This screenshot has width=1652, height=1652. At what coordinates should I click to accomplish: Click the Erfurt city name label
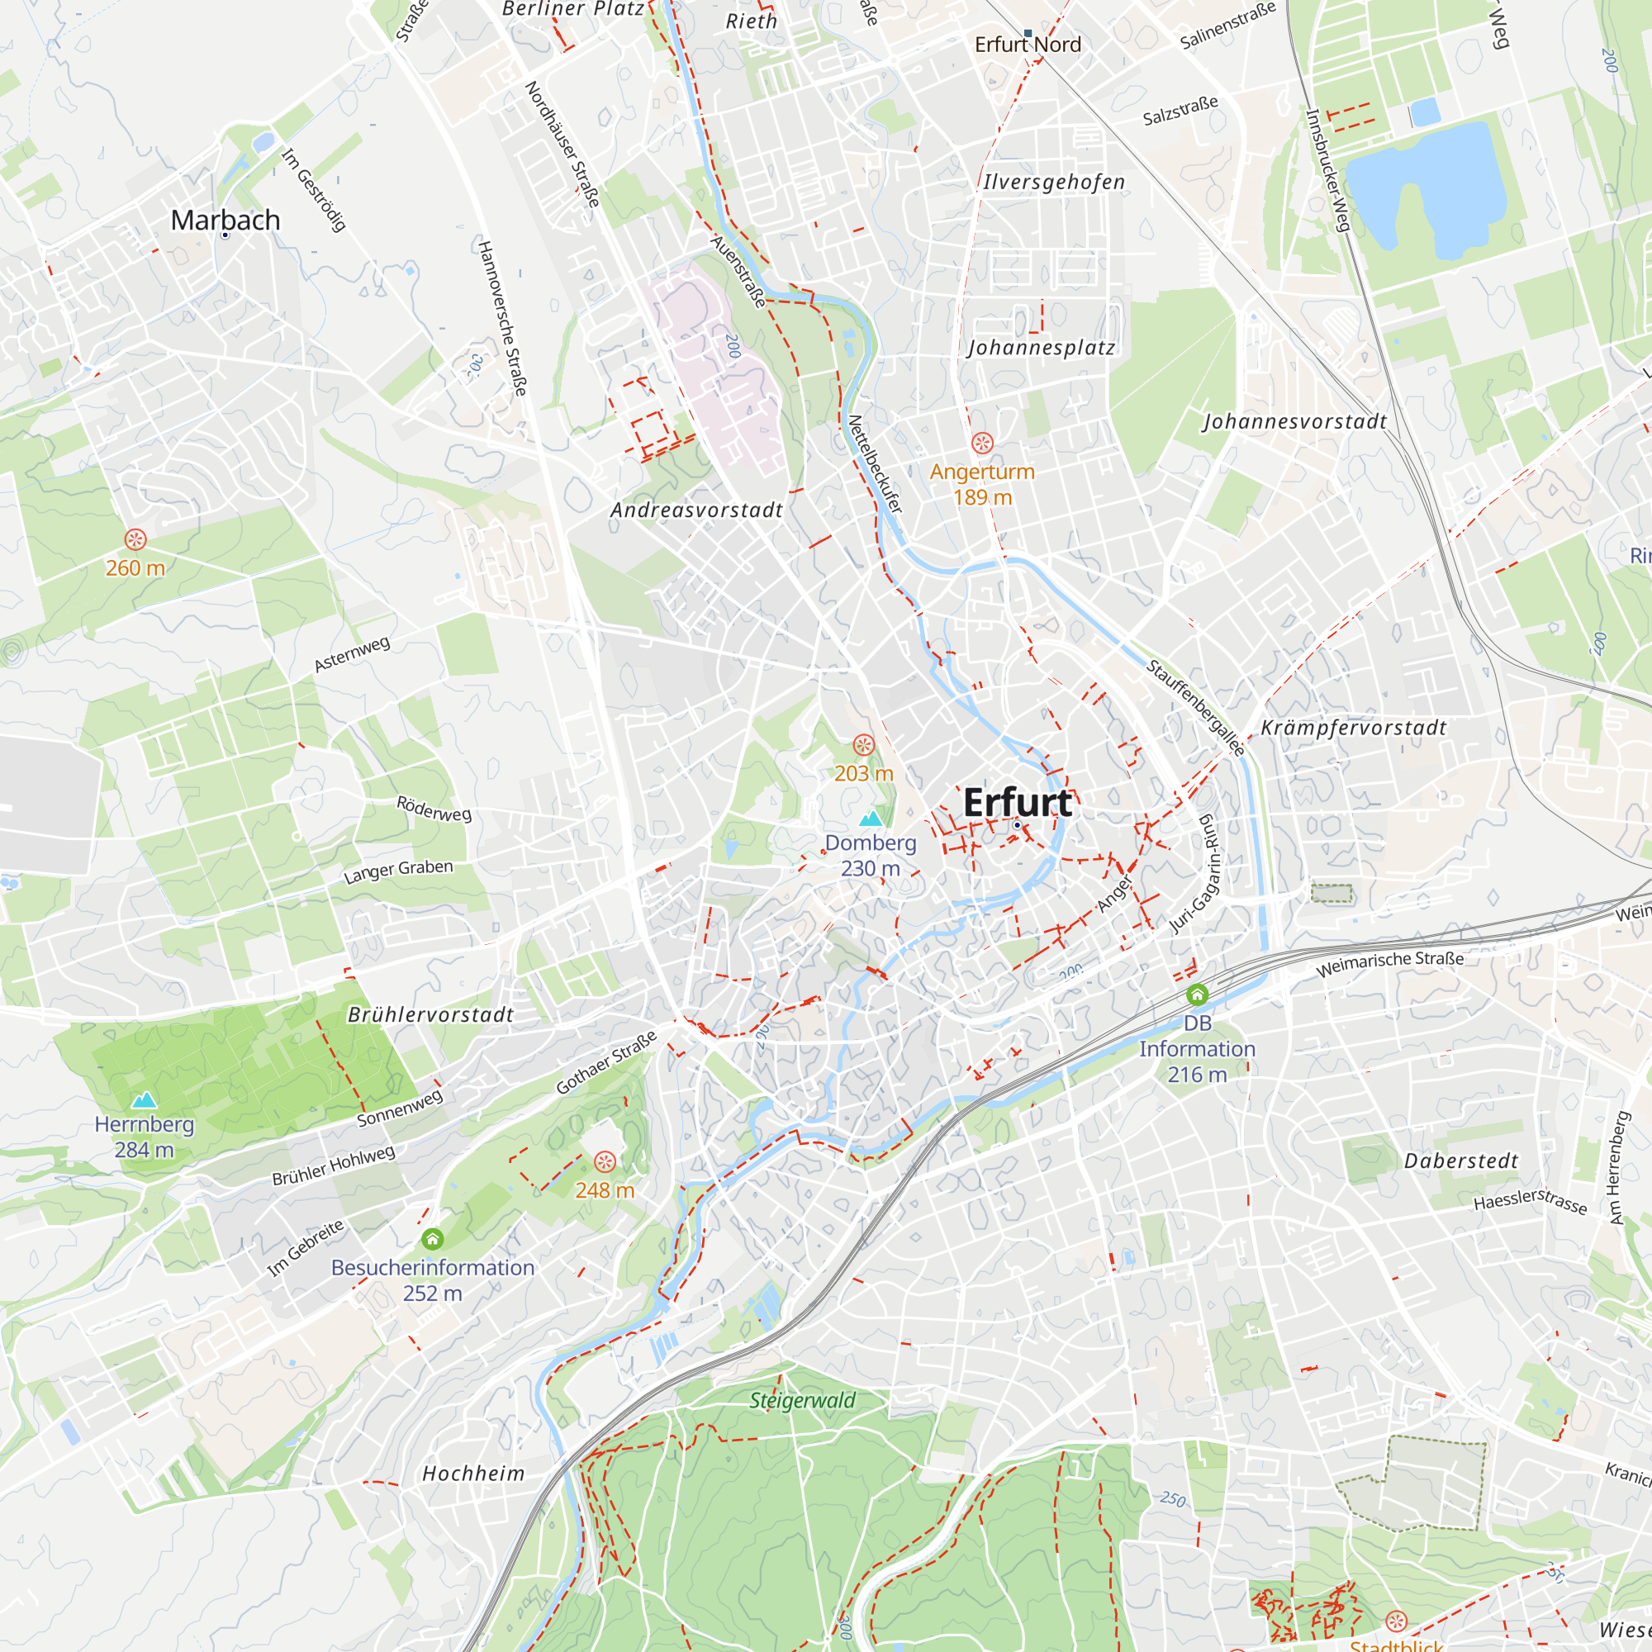point(1017,803)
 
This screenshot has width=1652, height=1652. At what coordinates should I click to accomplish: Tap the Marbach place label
point(225,220)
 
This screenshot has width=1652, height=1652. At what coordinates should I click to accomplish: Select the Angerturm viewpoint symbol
point(982,443)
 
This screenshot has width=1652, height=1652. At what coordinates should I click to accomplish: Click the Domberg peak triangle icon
point(871,819)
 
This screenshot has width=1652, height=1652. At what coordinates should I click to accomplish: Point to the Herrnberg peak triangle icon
point(144,1099)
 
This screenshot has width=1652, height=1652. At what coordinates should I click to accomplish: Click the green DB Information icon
point(1197,995)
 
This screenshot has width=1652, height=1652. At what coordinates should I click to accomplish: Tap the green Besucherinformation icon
point(433,1239)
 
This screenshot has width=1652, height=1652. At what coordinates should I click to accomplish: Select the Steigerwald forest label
point(802,1401)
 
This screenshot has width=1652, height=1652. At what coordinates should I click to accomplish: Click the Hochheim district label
point(473,1474)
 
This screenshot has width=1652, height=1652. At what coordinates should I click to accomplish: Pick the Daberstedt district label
point(1461,1161)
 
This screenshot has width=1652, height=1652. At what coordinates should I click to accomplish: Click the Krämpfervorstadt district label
point(1354,728)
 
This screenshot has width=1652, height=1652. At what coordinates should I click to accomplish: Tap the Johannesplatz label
point(1042,348)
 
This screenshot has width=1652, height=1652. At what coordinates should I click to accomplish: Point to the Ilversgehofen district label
point(1053,182)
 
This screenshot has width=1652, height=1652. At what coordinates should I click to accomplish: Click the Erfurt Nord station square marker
point(1028,33)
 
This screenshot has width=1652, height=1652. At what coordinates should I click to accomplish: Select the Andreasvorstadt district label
point(697,510)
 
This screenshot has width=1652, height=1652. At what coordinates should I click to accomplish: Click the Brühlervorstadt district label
point(431,1015)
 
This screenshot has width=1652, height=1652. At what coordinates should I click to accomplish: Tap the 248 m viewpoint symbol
point(605,1161)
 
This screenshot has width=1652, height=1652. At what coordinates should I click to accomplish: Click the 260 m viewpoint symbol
point(135,539)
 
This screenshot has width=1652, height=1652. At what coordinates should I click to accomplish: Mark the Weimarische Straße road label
point(1389,964)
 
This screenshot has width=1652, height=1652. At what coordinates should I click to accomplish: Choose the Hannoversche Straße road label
point(502,318)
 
